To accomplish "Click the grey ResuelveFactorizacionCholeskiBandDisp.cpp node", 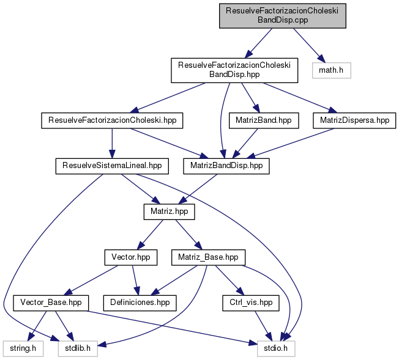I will click(283, 15).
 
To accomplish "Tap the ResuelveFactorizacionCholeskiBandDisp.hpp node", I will click(234, 71).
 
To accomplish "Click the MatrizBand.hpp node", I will click(264, 120).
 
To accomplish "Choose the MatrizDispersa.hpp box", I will click(354, 120).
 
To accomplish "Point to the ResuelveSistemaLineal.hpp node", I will click(112, 165).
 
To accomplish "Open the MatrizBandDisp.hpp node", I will click(226, 165).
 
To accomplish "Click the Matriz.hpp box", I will click(169, 211).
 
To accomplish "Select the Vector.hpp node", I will click(131, 257).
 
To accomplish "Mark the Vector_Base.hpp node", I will click(51, 302).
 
